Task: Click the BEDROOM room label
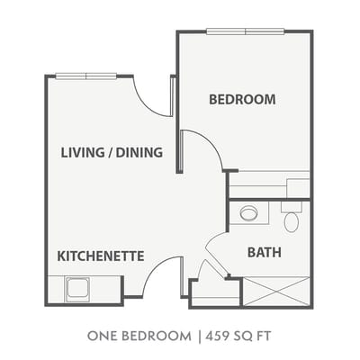(242, 99)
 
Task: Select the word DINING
(139, 152)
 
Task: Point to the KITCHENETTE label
(101, 256)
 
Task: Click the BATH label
(265, 252)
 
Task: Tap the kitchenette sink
(78, 290)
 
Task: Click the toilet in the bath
(292, 217)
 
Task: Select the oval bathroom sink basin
(248, 213)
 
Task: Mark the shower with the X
(276, 292)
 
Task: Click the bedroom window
(246, 31)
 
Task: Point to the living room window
(86, 76)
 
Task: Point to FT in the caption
(264, 336)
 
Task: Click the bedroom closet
(269, 184)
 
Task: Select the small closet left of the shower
(215, 292)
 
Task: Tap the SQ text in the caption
(243, 336)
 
